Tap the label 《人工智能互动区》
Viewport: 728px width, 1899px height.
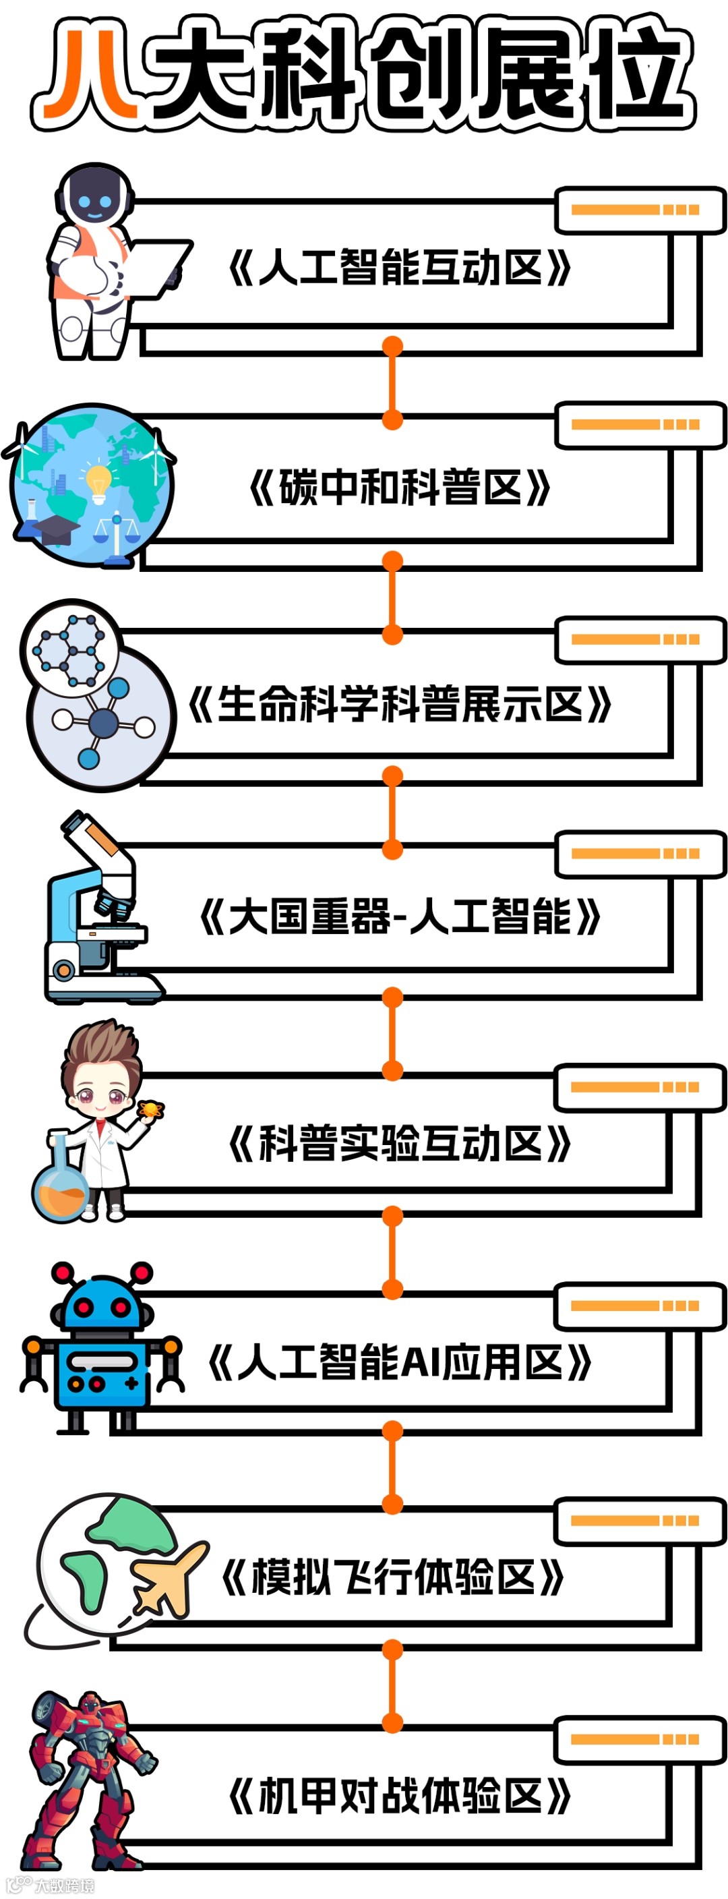tap(398, 268)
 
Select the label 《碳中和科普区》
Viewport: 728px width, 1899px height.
tap(398, 488)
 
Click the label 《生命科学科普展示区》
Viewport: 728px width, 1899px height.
tap(398, 703)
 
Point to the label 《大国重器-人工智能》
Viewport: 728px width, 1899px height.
tap(398, 918)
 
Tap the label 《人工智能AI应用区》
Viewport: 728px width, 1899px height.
tap(398, 1362)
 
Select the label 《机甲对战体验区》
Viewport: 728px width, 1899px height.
tap(398, 1795)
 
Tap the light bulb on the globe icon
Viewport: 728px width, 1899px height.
tap(98, 482)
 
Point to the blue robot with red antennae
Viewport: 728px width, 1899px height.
tap(102, 1349)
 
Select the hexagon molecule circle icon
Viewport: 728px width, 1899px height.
tap(70, 649)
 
